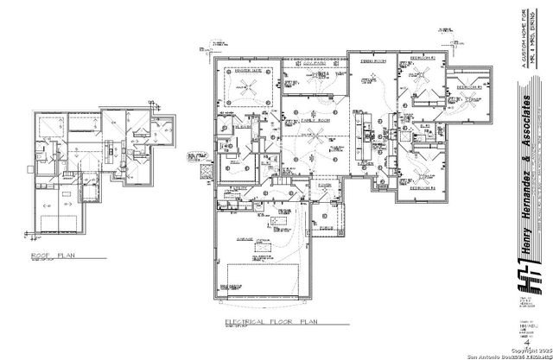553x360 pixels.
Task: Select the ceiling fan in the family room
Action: point(318,135)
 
